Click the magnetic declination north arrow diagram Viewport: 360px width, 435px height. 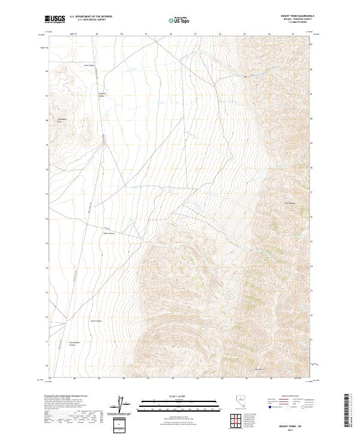[x=127, y=405]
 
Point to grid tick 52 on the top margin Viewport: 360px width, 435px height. [x=171, y=34]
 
